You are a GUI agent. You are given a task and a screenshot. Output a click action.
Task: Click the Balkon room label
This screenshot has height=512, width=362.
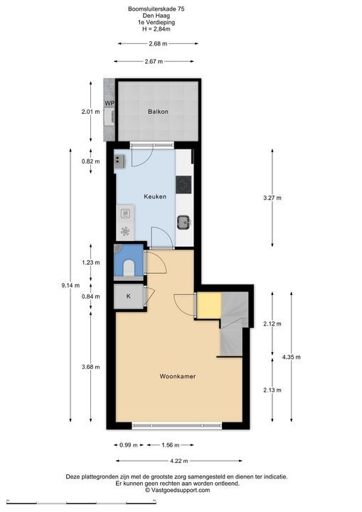158,112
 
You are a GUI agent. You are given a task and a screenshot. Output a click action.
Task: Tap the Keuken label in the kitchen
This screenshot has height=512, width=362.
155,196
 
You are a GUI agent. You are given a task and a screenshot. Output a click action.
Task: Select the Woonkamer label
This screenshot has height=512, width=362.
178,376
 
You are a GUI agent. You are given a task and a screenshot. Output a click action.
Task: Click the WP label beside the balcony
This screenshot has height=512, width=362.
110,103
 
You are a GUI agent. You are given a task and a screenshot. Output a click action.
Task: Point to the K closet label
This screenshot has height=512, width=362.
129,296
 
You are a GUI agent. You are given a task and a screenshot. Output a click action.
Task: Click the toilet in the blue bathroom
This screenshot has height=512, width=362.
129,267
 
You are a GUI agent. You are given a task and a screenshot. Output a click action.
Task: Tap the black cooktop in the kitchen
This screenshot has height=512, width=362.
183,185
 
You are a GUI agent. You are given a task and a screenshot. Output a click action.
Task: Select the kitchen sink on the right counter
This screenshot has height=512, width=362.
184,223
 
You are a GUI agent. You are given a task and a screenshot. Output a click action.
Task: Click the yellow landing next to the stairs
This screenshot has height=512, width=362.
209,304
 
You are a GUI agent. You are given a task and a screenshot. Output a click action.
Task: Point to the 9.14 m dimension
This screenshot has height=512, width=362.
70,285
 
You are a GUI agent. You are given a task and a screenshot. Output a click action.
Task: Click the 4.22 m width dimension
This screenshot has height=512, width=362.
179,461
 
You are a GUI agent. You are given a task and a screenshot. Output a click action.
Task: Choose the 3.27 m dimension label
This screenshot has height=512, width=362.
272,198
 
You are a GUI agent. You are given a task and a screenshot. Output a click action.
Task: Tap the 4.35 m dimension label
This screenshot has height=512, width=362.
292,357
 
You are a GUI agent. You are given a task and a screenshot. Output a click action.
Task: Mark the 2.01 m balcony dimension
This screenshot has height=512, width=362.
91,112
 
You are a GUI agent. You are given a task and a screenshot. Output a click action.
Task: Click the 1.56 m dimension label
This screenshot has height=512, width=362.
170,445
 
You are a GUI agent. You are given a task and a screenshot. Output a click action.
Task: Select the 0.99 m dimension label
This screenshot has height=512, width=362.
129,445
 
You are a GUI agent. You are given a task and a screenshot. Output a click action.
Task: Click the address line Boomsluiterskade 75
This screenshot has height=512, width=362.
156,9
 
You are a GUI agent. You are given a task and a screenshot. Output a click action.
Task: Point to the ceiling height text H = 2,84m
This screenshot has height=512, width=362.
156,29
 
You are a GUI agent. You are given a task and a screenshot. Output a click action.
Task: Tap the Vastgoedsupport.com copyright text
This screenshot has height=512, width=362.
177,490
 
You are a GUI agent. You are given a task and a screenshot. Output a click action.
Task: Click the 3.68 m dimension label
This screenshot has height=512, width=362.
91,367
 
